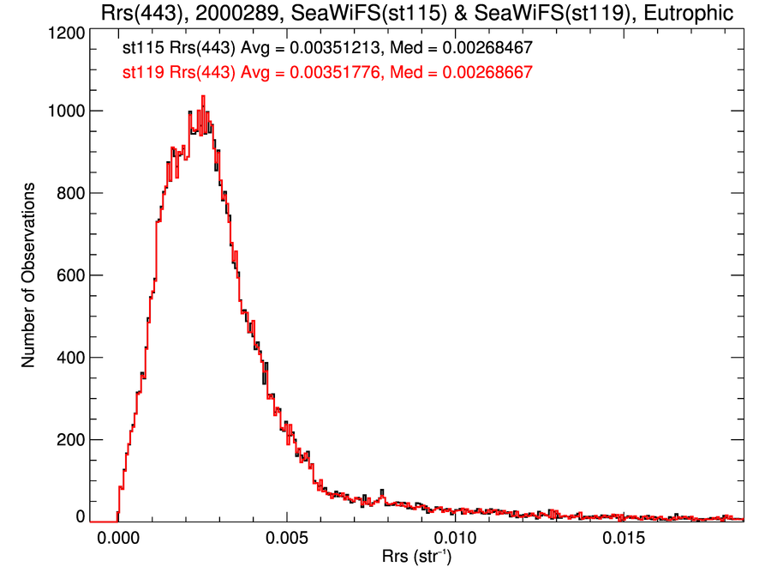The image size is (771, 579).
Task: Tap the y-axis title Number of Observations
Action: [x=29, y=275]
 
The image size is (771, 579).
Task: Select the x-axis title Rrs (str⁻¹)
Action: [x=417, y=558]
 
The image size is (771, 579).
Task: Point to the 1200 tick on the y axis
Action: [x=65, y=33]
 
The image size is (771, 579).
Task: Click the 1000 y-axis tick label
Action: [x=65, y=112]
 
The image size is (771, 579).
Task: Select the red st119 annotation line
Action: [x=328, y=73]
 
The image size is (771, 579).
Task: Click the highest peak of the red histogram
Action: [x=203, y=97]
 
